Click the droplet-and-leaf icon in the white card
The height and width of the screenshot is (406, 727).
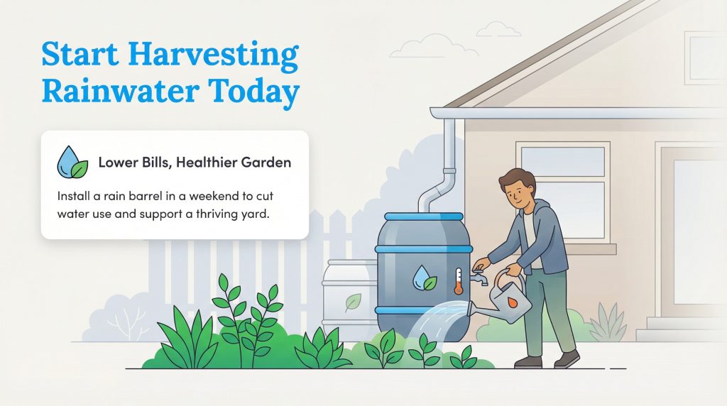(72, 163)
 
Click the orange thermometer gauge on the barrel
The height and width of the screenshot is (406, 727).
(459, 282)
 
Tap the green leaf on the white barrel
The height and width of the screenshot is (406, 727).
(352, 302)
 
